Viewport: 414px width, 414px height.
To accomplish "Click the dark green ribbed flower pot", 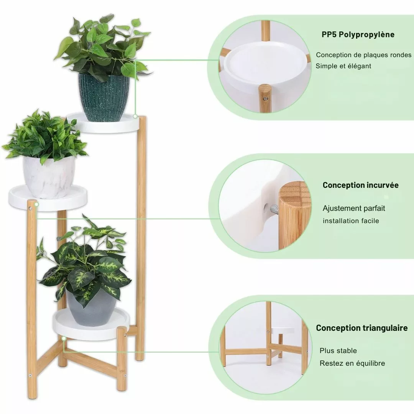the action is (104, 97).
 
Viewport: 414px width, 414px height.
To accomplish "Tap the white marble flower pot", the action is (49, 177).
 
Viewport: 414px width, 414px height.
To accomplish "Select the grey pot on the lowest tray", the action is (91, 307).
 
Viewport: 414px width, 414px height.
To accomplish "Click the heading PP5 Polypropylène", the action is (358, 34).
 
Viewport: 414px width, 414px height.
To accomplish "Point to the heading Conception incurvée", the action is (361, 185).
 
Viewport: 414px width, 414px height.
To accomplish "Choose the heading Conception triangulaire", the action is (362, 328).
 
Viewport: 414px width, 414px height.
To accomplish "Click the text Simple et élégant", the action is (343, 66).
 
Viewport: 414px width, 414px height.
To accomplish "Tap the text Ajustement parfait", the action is (354, 208).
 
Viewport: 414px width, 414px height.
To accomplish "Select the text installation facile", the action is (351, 221).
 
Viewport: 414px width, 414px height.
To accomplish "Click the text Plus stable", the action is (338, 351).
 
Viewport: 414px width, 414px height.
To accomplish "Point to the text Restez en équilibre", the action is (352, 363).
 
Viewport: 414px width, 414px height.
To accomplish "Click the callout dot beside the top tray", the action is (135, 116).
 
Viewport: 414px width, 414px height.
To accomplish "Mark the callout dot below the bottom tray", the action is (64, 338).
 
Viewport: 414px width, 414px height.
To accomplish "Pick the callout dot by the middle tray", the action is (37, 204).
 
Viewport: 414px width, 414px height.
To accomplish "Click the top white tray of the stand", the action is (103, 123).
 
